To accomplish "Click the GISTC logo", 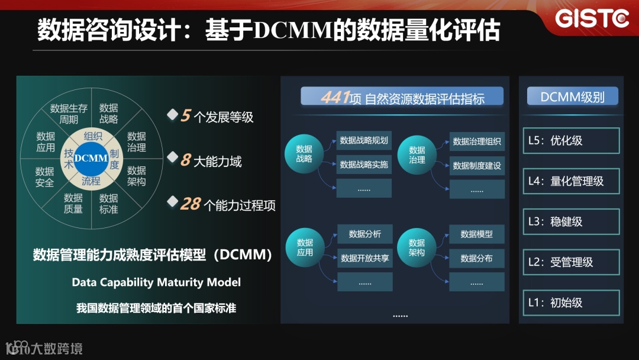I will (x=592, y=19).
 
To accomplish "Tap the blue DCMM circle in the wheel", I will (x=91, y=158).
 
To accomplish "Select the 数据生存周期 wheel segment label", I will (x=69, y=114).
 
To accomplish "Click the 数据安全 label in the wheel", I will (x=44, y=177).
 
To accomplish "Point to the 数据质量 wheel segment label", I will (x=73, y=203).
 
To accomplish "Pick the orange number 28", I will (x=190, y=204).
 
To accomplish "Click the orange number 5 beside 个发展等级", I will (x=185, y=115).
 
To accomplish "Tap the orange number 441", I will (x=335, y=98).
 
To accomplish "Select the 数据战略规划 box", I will (x=364, y=141).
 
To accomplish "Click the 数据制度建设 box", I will (x=477, y=166).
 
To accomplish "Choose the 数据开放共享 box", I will (x=365, y=258).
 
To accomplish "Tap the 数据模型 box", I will (x=477, y=234).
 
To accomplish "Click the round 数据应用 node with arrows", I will (x=305, y=248).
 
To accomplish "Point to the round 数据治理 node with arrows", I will (x=417, y=155).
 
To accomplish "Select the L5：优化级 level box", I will (x=571, y=141).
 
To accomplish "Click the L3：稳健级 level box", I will (x=571, y=222).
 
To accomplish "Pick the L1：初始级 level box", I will (x=571, y=303).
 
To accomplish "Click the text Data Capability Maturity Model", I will (x=156, y=282).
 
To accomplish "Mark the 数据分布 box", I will (x=477, y=258).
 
